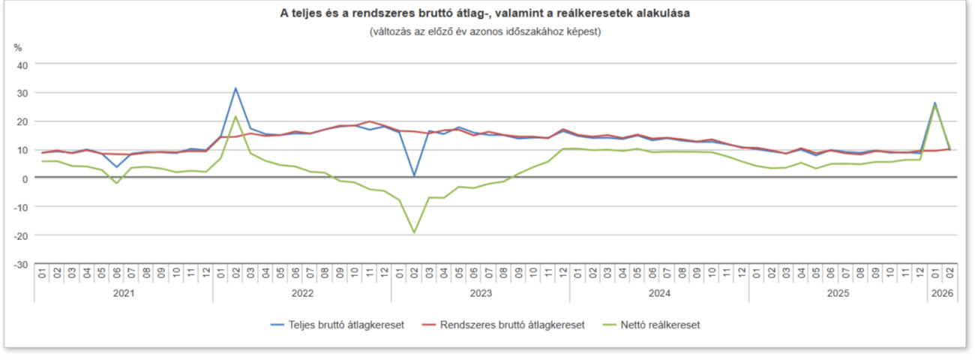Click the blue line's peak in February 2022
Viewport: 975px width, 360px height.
pos(235,88)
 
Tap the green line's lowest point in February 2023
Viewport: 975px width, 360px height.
pos(414,232)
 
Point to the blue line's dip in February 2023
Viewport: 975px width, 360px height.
pos(414,175)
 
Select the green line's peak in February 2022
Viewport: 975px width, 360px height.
pos(235,116)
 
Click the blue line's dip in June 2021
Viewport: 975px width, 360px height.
pos(116,167)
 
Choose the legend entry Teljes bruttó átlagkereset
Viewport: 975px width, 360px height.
pos(337,325)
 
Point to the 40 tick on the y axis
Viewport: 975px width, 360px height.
pos(22,64)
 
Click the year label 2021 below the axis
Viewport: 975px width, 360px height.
pos(124,293)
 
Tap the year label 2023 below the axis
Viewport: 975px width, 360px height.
pos(481,293)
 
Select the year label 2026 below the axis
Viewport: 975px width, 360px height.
pos(942,293)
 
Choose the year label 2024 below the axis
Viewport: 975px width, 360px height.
pos(659,293)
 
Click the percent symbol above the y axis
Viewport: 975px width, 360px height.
pos(18,47)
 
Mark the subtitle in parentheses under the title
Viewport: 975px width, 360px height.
pos(485,31)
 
